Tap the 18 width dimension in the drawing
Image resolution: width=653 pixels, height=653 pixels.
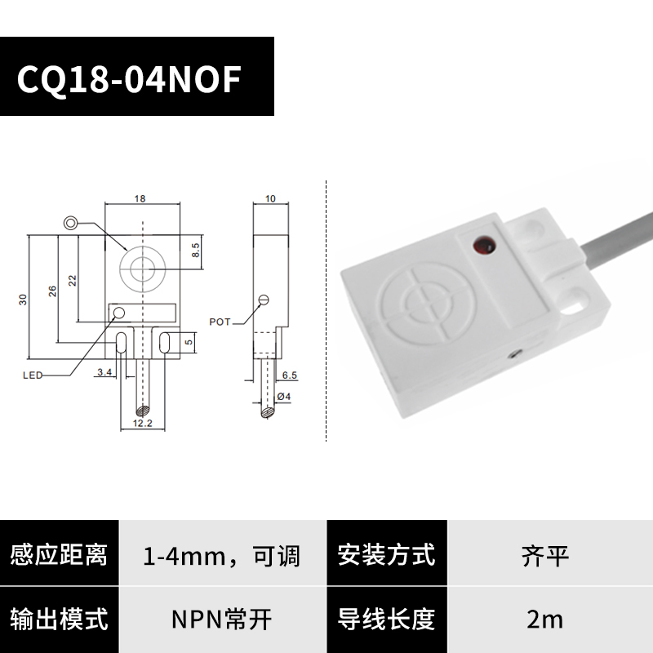[140, 199]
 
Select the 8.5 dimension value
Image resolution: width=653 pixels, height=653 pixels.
[195, 249]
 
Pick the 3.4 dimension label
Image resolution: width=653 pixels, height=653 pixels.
[104, 373]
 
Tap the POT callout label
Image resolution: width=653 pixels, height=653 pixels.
[220, 322]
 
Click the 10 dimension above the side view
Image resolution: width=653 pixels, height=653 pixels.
[271, 199]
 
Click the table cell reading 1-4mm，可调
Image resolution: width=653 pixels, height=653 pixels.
[222, 557]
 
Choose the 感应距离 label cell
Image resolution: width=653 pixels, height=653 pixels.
[59, 557]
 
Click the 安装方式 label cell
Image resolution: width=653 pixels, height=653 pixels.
[386, 557]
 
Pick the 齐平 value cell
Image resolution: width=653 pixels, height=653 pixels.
[545, 557]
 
